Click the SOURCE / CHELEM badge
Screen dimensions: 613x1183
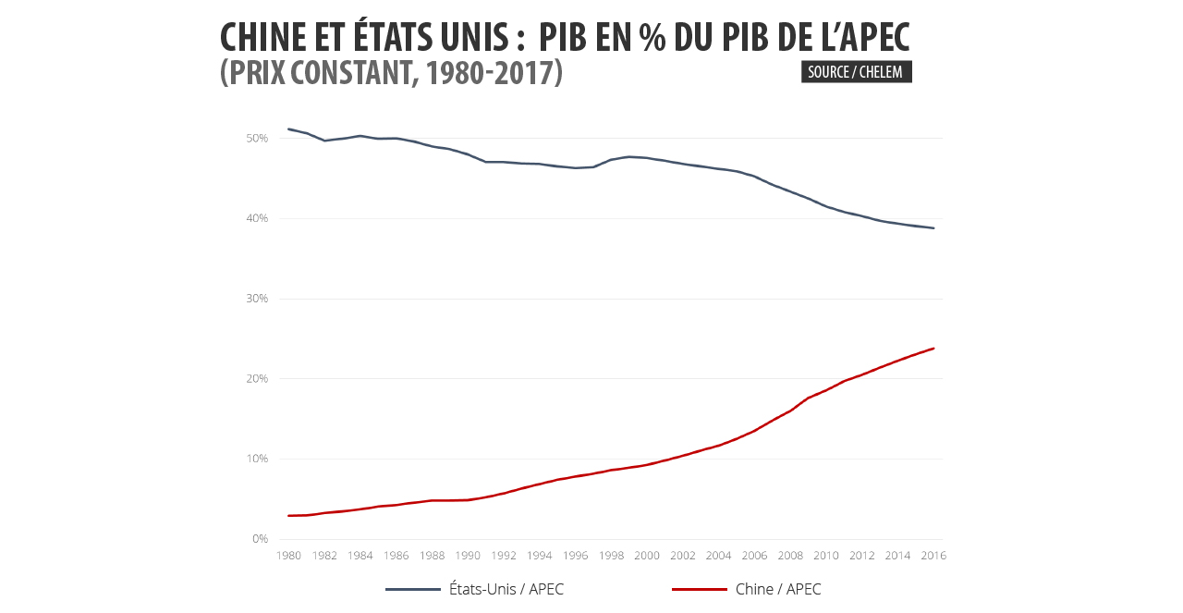click(x=856, y=72)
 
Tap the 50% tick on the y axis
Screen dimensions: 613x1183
click(x=257, y=139)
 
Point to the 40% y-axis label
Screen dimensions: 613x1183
click(x=257, y=218)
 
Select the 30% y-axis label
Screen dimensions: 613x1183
click(x=257, y=299)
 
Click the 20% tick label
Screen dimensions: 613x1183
click(x=257, y=379)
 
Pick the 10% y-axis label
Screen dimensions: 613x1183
click(x=257, y=459)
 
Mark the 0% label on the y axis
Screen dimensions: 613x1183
click(x=260, y=539)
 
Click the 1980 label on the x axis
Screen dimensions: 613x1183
click(x=288, y=556)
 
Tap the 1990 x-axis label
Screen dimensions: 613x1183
click(x=468, y=556)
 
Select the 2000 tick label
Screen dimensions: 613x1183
click(x=647, y=556)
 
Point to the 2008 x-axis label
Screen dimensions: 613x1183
click(x=790, y=556)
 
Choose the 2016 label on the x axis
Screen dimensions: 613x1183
click(x=933, y=556)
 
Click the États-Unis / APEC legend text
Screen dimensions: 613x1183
click(x=506, y=590)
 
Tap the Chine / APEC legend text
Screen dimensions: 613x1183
click(x=778, y=590)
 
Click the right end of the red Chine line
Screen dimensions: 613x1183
click(x=933, y=349)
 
